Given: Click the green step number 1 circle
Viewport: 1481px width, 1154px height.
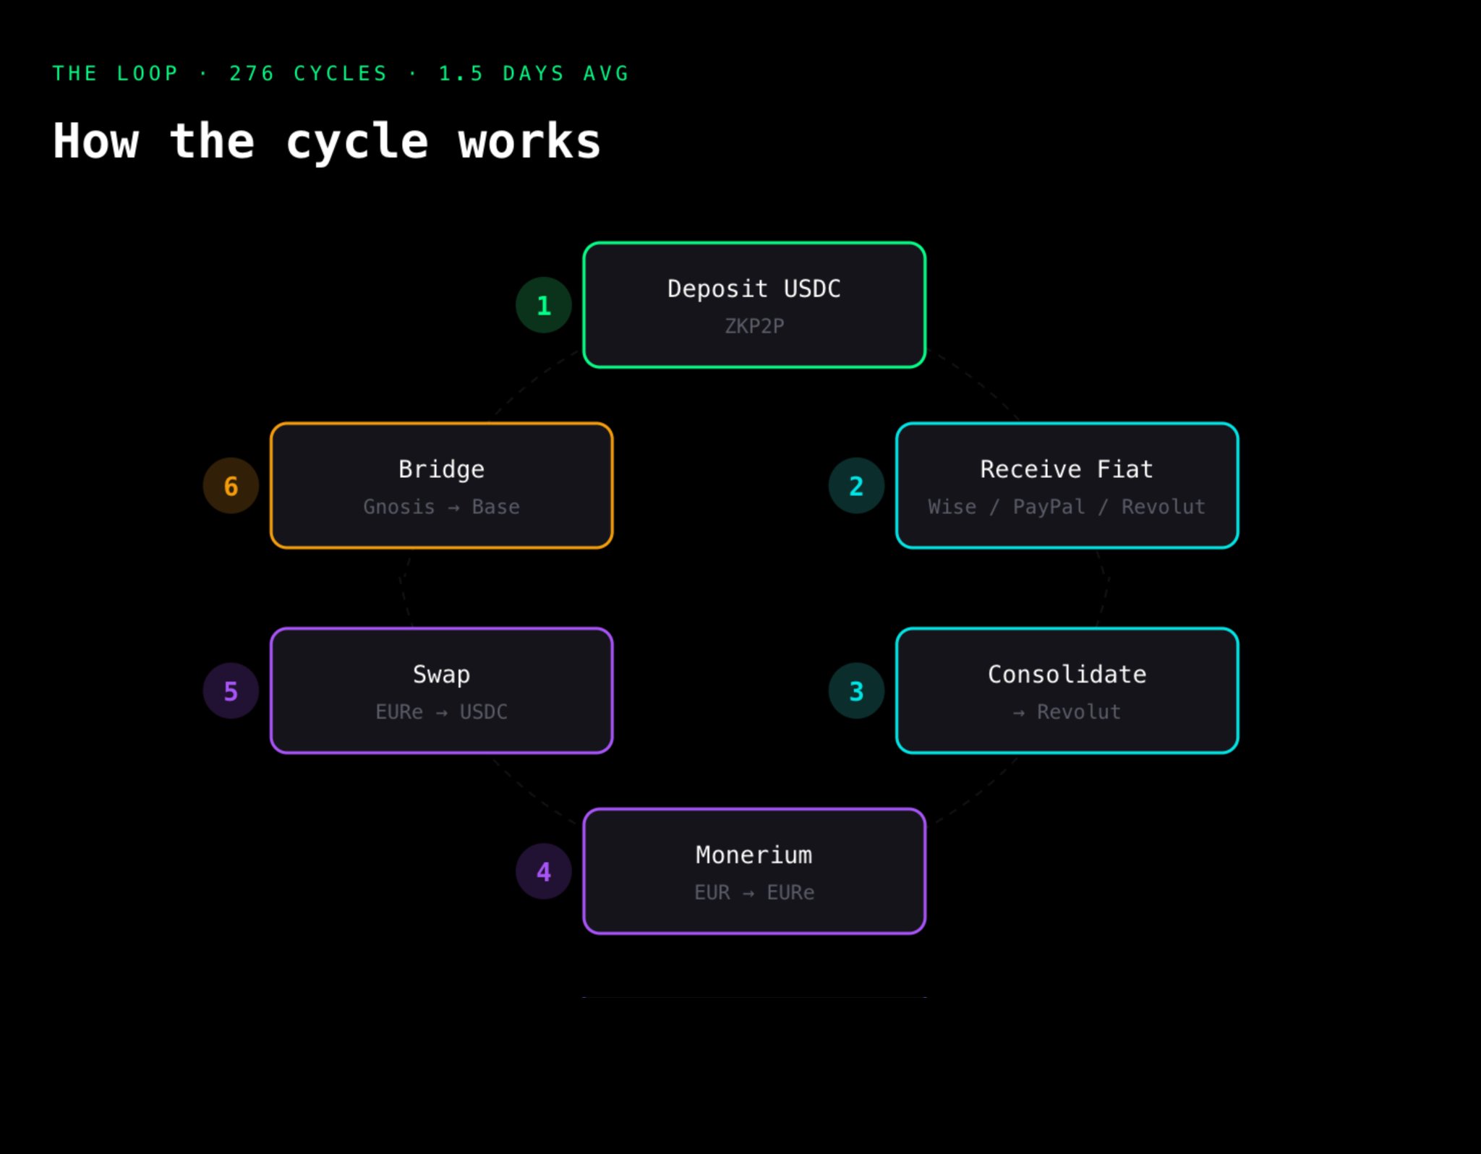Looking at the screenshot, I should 544,305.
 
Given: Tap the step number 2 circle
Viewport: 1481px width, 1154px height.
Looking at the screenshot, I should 856,486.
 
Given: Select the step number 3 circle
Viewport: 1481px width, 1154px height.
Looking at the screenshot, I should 856,691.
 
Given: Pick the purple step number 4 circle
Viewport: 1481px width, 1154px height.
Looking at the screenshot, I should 544,871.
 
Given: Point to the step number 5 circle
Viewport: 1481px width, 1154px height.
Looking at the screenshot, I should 231,691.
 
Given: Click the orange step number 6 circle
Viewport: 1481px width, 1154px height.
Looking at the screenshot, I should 231,486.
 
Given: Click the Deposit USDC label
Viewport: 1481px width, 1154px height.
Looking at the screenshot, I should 754,288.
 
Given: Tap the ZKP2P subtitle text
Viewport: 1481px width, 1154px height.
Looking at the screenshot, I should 754,326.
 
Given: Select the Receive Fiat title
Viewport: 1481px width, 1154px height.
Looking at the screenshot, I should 1067,469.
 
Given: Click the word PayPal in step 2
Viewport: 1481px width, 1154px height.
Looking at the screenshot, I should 1049,507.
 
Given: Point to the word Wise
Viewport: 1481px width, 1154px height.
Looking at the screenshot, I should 952,507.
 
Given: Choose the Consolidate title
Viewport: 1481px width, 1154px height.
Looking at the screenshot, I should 1067,675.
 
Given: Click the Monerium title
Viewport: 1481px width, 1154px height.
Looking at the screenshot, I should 754,855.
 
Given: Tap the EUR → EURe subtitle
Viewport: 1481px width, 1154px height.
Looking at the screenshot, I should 754,892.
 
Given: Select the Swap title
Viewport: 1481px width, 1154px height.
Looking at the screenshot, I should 441,675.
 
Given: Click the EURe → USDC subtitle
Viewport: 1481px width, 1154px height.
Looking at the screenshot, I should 441,712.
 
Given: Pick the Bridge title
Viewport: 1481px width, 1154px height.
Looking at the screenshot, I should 441,469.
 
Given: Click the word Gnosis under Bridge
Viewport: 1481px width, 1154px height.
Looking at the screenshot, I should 398,507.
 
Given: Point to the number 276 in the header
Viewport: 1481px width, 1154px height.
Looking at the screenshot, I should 252,74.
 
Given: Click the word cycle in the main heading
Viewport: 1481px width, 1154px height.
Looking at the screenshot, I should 357,142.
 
